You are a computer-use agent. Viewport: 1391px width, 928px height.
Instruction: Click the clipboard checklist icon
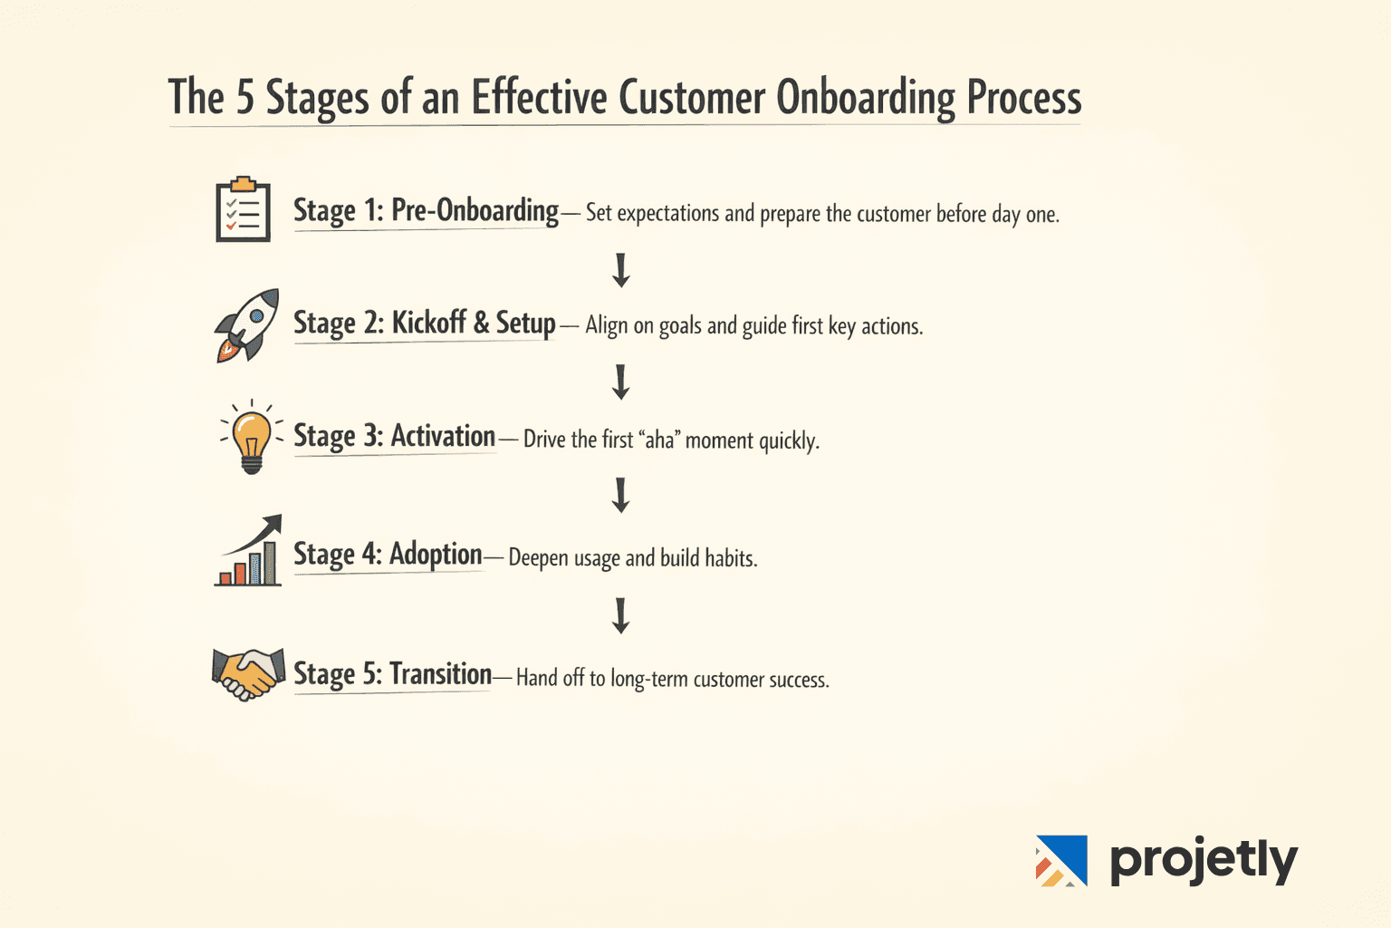tap(243, 210)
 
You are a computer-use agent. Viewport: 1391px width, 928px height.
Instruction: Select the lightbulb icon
tap(252, 438)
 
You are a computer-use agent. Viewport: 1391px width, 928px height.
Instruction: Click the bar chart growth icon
tap(249, 552)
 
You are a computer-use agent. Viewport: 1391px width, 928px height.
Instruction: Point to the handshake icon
tap(247, 674)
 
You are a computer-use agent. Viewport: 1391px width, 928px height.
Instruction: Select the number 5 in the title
tap(245, 97)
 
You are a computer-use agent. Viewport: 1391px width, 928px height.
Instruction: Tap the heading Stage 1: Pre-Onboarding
tap(426, 211)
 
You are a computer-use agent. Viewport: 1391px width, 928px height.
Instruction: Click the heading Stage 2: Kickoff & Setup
tap(424, 324)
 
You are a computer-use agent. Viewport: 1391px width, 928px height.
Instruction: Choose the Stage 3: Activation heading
tap(394, 437)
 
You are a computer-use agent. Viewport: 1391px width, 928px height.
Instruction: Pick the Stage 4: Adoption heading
tap(388, 554)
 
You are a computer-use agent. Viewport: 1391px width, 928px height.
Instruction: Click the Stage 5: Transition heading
tap(392, 674)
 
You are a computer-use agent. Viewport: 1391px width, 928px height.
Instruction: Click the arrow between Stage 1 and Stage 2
tap(621, 270)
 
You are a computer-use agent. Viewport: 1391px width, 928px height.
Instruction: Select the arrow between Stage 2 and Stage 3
tap(621, 382)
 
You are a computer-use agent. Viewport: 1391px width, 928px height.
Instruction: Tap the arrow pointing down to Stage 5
tap(621, 615)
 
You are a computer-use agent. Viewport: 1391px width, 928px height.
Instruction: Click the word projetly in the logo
tap(1204, 860)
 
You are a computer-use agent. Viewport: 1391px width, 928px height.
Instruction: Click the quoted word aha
tap(659, 440)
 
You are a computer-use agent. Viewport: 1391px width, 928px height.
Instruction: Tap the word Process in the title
tap(1024, 98)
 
